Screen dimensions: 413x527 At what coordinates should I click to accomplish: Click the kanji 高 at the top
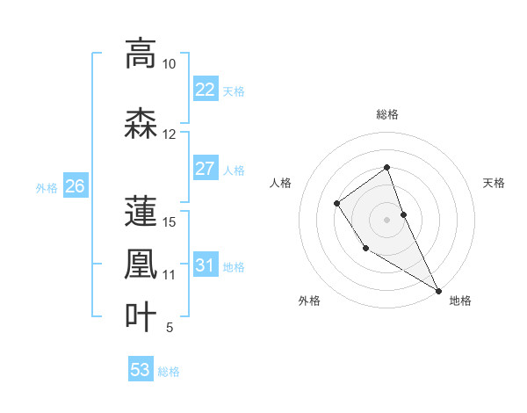pyautogui.click(x=141, y=54)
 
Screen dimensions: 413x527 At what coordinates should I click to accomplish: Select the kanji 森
pyautogui.click(x=141, y=122)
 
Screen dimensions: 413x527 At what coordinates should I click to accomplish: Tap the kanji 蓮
pyautogui.click(x=141, y=210)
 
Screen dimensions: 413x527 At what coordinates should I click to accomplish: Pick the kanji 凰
pyautogui.click(x=141, y=263)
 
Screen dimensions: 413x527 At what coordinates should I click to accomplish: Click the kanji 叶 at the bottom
pyautogui.click(x=141, y=315)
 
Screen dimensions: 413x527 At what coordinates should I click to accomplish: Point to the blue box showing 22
pyautogui.click(x=205, y=89)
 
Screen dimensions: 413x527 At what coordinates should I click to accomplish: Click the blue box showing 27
pyautogui.click(x=205, y=169)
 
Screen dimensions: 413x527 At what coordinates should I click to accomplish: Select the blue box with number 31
pyautogui.click(x=205, y=265)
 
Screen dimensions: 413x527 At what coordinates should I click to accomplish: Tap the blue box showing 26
pyautogui.click(x=76, y=186)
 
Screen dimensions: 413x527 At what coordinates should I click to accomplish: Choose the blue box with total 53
pyautogui.click(x=141, y=370)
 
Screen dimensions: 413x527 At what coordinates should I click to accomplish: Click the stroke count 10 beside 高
pyautogui.click(x=170, y=64)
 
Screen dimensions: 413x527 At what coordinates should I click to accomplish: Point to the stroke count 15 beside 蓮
pyautogui.click(x=170, y=221)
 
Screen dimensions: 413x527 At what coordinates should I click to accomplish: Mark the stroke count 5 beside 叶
pyautogui.click(x=170, y=328)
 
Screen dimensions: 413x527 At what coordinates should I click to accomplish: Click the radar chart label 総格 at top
pyautogui.click(x=386, y=114)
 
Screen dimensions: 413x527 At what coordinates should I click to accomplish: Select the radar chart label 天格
pyautogui.click(x=494, y=183)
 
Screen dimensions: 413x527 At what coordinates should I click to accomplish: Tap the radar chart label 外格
pyautogui.click(x=309, y=301)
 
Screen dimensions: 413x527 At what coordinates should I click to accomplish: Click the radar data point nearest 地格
pyautogui.click(x=438, y=290)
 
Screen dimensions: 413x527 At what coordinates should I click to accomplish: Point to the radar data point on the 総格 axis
pyautogui.click(x=386, y=167)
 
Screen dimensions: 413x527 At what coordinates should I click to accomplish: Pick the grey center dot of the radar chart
pyautogui.click(x=386, y=219)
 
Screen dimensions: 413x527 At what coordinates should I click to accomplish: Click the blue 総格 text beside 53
pyautogui.click(x=169, y=371)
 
